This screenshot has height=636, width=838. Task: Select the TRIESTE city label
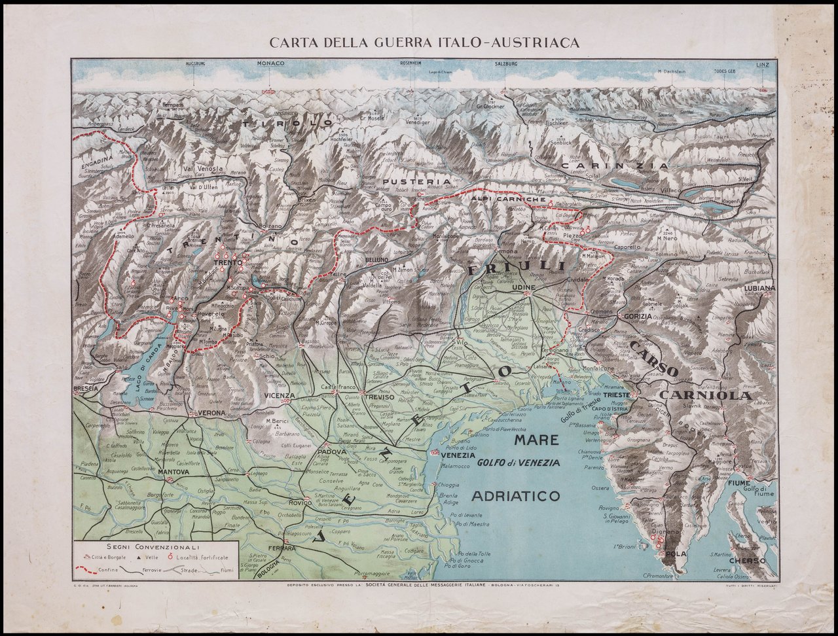coord(617,396)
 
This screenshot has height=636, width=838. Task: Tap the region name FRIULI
coord(517,267)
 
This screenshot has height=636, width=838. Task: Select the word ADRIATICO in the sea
coord(515,495)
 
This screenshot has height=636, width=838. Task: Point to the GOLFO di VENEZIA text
coord(519,463)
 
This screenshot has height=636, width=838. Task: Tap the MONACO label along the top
coord(270,63)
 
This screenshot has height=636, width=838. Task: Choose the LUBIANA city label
coord(759,288)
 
